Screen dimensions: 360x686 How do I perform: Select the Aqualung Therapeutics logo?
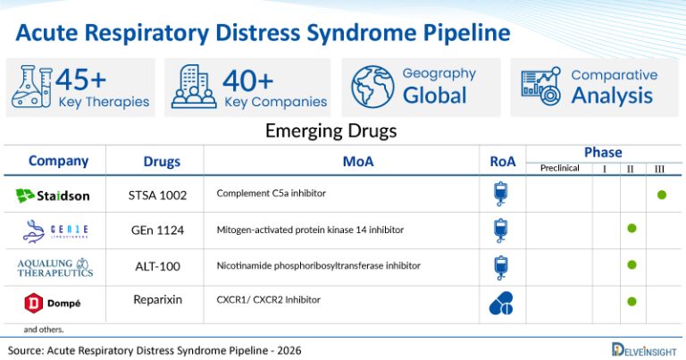tap(54, 266)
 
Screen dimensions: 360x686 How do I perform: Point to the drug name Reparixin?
tap(156, 300)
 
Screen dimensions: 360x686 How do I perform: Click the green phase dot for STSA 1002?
tap(662, 194)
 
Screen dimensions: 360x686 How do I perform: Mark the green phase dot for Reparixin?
tap(632, 301)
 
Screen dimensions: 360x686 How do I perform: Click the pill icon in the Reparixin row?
tap(501, 303)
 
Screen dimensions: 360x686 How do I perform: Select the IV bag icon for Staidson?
tap(501, 194)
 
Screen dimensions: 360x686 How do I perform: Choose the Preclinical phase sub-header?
tap(559, 168)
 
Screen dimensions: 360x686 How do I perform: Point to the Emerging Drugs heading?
tap(330, 131)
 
